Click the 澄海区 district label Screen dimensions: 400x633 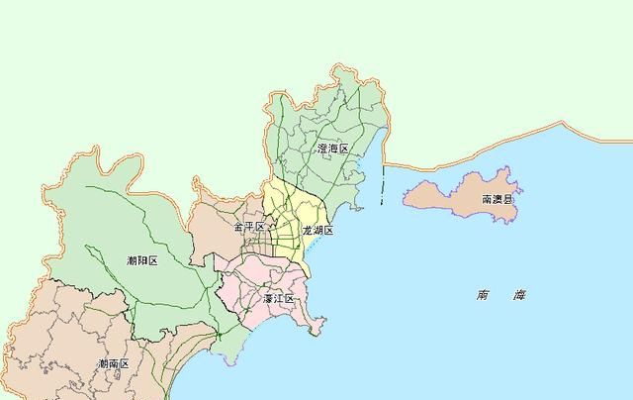(333, 148)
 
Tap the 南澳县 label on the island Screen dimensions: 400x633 (497, 199)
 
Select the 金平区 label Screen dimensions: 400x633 (248, 228)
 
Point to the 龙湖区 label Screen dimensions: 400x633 (317, 231)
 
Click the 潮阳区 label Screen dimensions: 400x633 (142, 260)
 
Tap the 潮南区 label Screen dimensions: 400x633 (113, 364)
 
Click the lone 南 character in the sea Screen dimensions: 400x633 (482, 295)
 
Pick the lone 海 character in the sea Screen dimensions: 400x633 (519, 295)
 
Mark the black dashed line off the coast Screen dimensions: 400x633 (382, 183)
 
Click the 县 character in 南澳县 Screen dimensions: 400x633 (508, 199)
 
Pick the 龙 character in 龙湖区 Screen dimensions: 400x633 (307, 231)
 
